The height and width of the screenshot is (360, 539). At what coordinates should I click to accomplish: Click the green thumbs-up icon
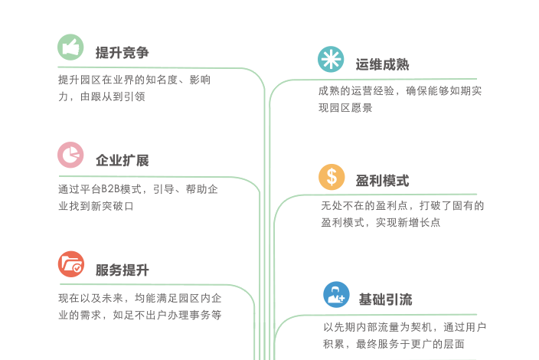pyautogui.click(x=70, y=47)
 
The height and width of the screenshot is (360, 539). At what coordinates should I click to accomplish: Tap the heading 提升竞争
pyautogui.click(x=122, y=53)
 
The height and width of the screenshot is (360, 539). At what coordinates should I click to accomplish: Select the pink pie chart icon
pyautogui.click(x=70, y=155)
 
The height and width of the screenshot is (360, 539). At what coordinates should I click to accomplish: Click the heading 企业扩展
pyautogui.click(x=122, y=160)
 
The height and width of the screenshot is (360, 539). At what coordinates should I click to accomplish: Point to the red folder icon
pyautogui.click(x=70, y=264)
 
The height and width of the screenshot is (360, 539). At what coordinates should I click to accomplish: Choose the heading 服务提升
pyautogui.click(x=122, y=270)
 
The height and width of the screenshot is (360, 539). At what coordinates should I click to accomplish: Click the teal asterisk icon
pyautogui.click(x=331, y=59)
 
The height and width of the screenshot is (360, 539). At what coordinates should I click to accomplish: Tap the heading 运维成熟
pyautogui.click(x=382, y=64)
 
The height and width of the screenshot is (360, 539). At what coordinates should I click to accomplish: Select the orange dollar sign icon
pyautogui.click(x=332, y=177)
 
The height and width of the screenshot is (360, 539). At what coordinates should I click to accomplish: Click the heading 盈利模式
pyautogui.click(x=382, y=181)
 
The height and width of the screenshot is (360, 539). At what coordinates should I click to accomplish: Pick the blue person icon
pyautogui.click(x=336, y=295)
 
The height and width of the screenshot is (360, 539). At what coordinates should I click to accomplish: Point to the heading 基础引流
pyautogui.click(x=385, y=299)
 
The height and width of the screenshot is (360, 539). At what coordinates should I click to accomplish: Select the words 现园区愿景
pyautogui.click(x=345, y=108)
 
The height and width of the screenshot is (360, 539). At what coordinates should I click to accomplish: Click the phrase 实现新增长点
pyautogui.click(x=408, y=222)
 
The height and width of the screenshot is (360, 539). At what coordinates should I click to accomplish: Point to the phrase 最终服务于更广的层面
pyautogui.click(x=410, y=344)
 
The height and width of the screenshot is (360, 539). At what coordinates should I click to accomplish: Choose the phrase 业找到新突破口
pyautogui.click(x=96, y=206)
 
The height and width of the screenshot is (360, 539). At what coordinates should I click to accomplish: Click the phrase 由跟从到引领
pyautogui.click(x=113, y=97)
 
